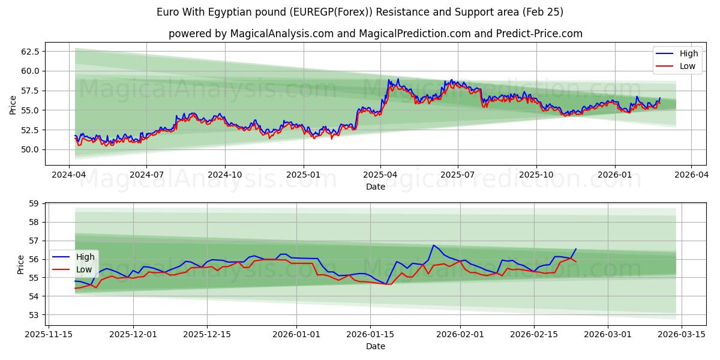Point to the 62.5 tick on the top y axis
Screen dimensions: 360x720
[x=30, y=52]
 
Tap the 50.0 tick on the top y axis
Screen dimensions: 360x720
[x=30, y=149]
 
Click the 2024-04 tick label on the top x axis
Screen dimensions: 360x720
[x=69, y=175]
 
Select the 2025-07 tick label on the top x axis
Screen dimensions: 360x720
[x=458, y=175]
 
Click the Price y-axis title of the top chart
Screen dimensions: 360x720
[x=13, y=104]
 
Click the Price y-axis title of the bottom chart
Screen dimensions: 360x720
[x=21, y=265]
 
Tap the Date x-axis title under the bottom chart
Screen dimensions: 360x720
[x=376, y=346]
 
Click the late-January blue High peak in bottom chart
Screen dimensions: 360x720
[x=433, y=245]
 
